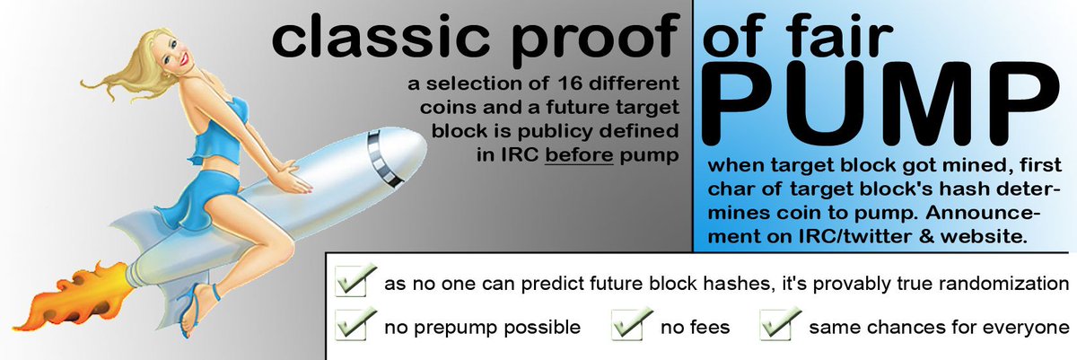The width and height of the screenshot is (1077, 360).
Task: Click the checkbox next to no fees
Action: (629, 326)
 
